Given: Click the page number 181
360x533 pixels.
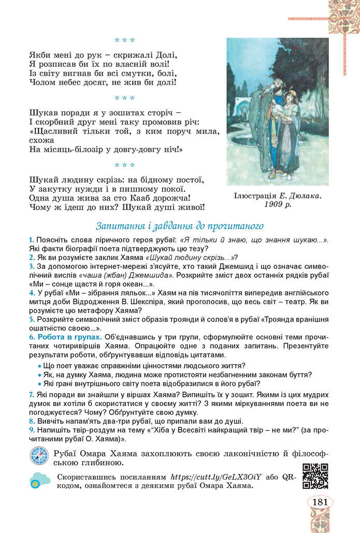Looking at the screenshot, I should tap(320, 502).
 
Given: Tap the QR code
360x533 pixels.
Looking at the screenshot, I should tap(315, 477).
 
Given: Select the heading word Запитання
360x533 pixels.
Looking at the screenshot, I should tap(119, 226).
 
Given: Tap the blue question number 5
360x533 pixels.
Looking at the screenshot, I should tap(32, 319).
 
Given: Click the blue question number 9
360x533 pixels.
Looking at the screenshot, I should tap(32, 429).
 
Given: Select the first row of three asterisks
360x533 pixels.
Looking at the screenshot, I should tap(124, 39).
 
